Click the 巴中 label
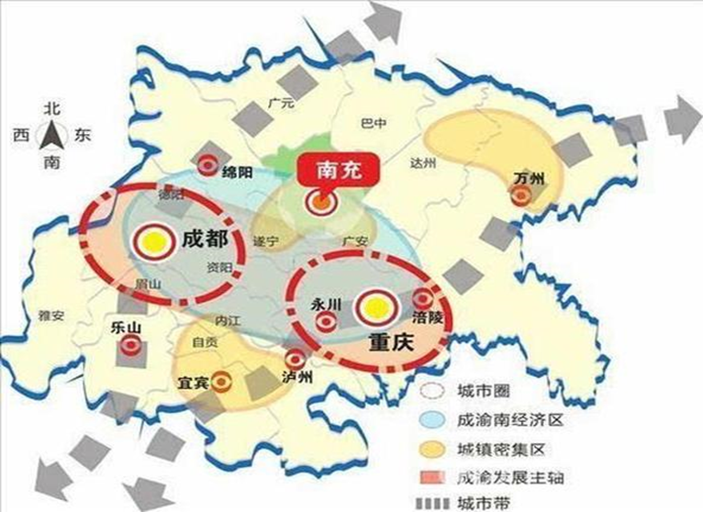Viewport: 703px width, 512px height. click(x=375, y=120)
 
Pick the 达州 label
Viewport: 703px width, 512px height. click(x=423, y=163)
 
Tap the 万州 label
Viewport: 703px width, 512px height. click(x=530, y=177)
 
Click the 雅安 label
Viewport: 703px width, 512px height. click(x=51, y=314)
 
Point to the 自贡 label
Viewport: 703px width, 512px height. click(x=205, y=342)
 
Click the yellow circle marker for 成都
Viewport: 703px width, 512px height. click(x=151, y=241)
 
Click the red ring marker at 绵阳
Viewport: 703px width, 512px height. click(x=208, y=166)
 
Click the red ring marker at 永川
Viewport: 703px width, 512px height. click(x=326, y=322)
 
